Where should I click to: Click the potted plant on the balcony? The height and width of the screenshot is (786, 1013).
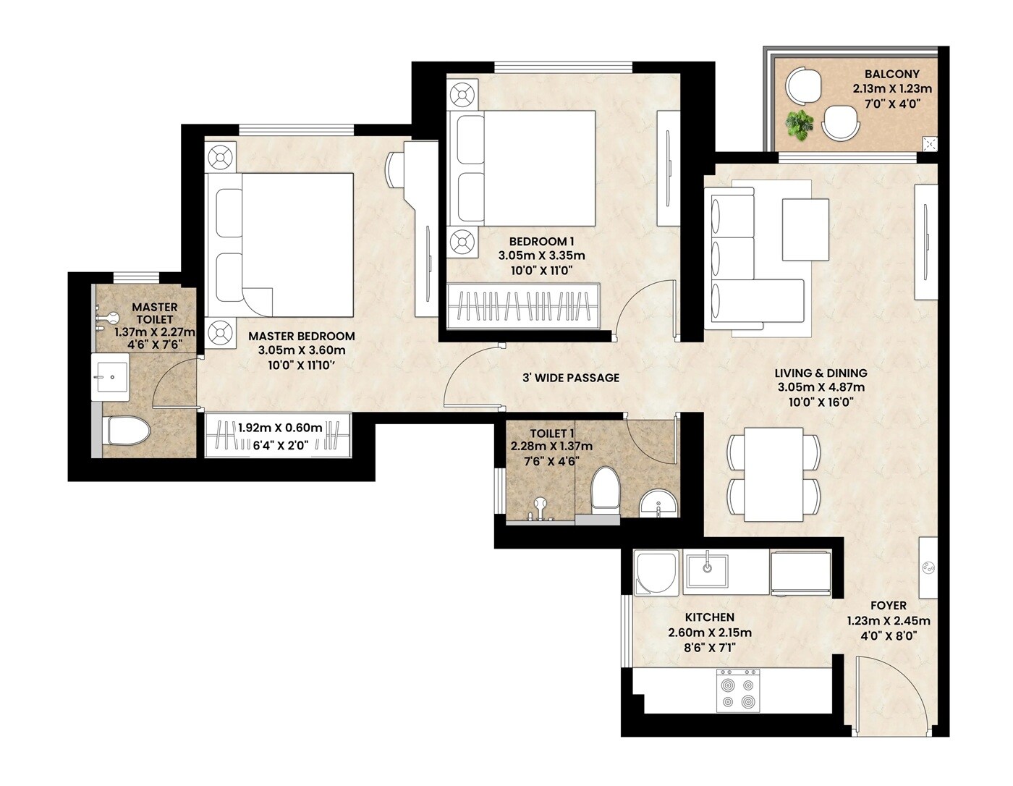coord(800,124)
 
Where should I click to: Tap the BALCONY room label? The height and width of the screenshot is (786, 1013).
coord(891,74)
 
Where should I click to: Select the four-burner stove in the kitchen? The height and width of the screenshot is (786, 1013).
coord(738,690)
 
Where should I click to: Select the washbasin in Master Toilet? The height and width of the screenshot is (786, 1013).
coord(110,377)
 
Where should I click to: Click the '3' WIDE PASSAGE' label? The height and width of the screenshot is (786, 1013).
coord(571,377)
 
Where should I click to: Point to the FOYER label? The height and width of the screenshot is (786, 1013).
coord(888,605)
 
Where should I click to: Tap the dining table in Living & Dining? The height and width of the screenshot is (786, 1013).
coord(773,474)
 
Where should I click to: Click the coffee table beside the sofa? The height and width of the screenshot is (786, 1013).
coord(805,229)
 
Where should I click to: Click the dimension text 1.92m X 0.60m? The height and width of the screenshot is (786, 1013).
coord(280,428)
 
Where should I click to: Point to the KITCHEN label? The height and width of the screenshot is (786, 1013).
coord(709,617)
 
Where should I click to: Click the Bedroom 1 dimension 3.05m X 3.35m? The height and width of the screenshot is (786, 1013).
coord(541,255)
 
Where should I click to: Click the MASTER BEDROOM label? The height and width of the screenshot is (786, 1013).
coord(301,336)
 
